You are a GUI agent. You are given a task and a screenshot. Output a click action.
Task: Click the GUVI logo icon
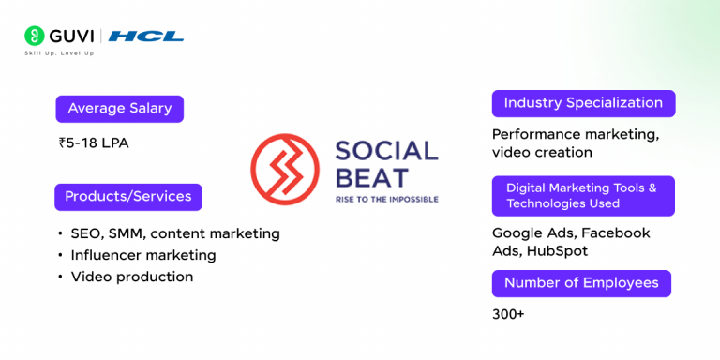(35, 37)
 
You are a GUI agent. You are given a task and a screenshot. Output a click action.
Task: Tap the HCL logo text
(146, 37)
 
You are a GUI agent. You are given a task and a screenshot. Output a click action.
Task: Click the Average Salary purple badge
(119, 109)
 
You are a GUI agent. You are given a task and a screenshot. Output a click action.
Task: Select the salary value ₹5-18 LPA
(94, 143)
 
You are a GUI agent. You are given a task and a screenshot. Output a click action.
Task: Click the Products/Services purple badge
(127, 197)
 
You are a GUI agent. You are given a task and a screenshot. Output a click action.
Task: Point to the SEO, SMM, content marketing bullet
(174, 232)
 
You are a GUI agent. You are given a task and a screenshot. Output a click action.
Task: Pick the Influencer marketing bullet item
(142, 255)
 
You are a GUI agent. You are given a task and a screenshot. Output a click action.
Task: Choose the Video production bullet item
(131, 277)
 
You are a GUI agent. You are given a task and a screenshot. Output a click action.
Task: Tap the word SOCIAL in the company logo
(386, 151)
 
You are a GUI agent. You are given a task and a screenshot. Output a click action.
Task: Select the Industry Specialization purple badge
(583, 103)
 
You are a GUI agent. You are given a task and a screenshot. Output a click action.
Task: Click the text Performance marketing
(575, 134)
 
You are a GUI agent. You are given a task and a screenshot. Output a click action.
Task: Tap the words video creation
(542, 152)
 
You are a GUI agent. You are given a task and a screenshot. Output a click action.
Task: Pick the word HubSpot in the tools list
(560, 250)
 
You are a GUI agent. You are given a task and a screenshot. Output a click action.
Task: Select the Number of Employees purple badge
(581, 283)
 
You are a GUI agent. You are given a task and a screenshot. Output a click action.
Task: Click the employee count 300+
(508, 314)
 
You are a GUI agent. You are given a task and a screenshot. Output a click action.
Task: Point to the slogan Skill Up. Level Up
(59, 53)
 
